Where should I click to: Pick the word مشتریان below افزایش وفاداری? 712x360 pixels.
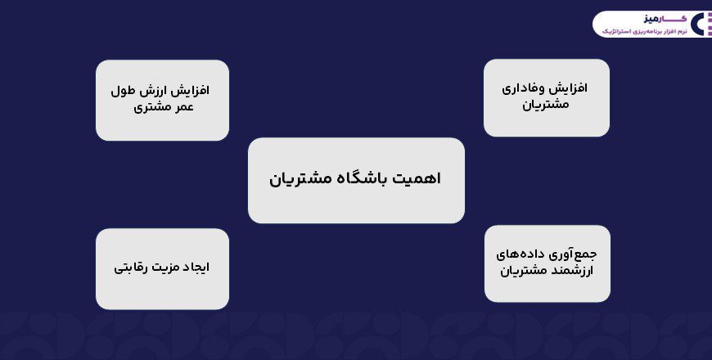546,106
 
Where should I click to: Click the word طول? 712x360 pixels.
124,89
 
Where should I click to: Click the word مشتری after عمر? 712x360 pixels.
147,106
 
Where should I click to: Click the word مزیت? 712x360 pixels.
160,267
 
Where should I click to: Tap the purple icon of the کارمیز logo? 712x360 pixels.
697,24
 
